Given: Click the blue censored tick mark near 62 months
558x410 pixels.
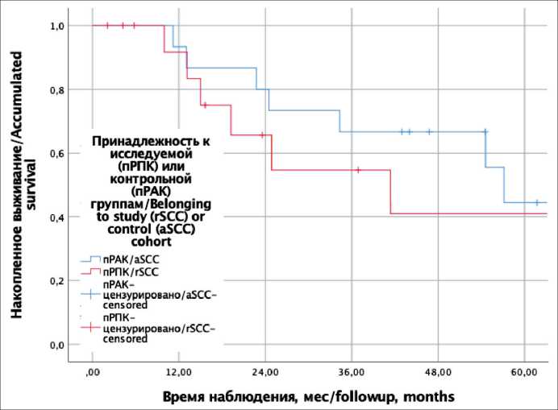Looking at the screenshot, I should coord(536,202).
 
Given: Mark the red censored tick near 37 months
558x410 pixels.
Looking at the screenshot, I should coord(358,170).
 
